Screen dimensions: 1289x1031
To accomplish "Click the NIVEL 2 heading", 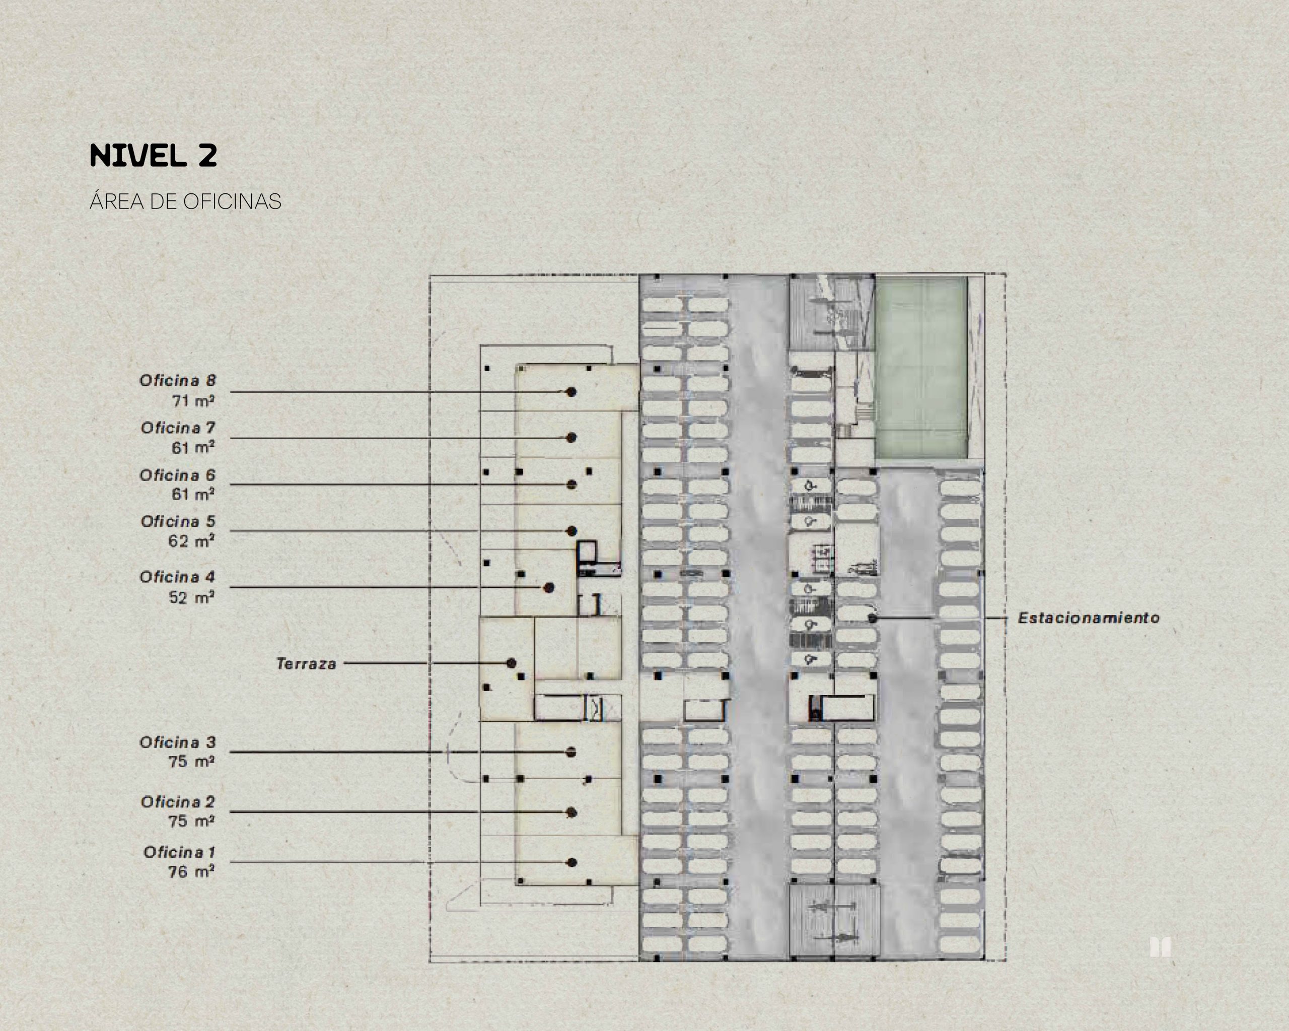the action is (153, 156).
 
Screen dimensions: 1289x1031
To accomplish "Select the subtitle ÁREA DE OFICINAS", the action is (185, 201).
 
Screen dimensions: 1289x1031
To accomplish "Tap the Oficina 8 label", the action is (178, 380).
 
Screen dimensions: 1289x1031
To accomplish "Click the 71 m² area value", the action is (193, 401).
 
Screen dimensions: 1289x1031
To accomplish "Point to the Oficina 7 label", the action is (178, 428).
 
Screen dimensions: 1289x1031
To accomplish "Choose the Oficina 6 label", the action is (178, 475).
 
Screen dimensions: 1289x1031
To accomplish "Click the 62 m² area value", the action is (191, 540).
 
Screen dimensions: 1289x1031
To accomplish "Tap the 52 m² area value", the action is (191, 597).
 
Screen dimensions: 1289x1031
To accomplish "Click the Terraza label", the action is (306, 664).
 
